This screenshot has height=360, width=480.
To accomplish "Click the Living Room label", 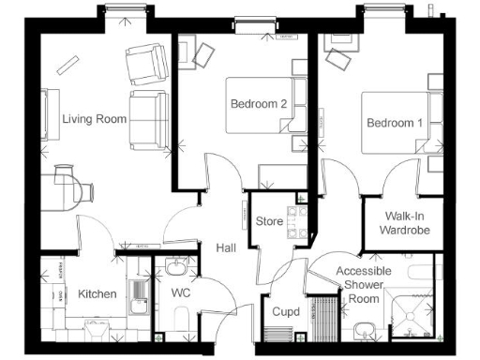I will click(x=94, y=119).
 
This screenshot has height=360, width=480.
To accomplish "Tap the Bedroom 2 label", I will click(x=259, y=105).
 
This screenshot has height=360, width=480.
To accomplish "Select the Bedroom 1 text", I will click(x=395, y=123).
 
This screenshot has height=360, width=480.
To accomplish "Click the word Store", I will click(x=270, y=221).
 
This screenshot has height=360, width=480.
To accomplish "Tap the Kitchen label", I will click(x=97, y=293).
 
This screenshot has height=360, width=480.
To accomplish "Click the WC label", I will click(x=182, y=292).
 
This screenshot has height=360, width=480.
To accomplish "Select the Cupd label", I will click(x=285, y=311).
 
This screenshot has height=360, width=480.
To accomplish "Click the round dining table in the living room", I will click(x=71, y=180).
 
